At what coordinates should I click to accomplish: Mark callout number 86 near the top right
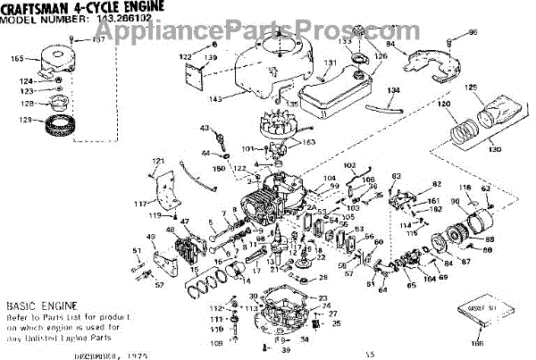tap(473, 33)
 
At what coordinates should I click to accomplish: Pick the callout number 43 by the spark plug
tap(190, 129)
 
